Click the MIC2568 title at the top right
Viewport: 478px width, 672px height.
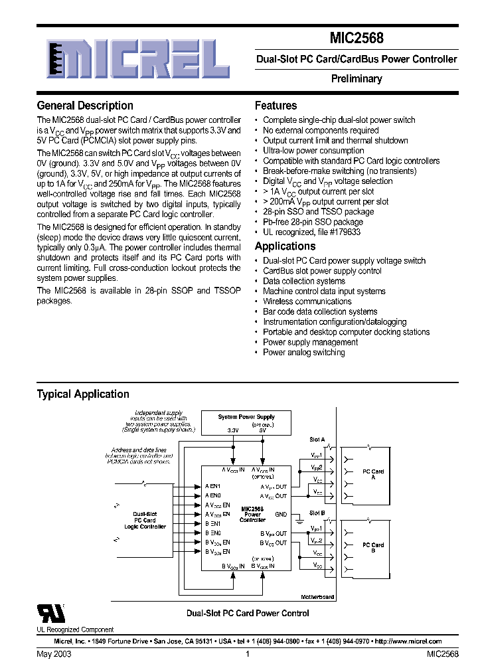point(356,39)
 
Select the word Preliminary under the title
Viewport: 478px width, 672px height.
point(357,79)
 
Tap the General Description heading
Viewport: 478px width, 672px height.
point(85,106)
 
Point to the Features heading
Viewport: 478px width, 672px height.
point(276,106)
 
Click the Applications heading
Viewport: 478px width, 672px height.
point(286,246)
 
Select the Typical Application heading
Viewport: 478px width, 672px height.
point(83,394)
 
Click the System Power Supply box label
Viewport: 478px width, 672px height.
point(246,417)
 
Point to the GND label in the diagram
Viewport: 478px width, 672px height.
point(281,514)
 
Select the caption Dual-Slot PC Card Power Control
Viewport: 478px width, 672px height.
point(247,614)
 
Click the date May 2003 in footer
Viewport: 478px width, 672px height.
point(54,654)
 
